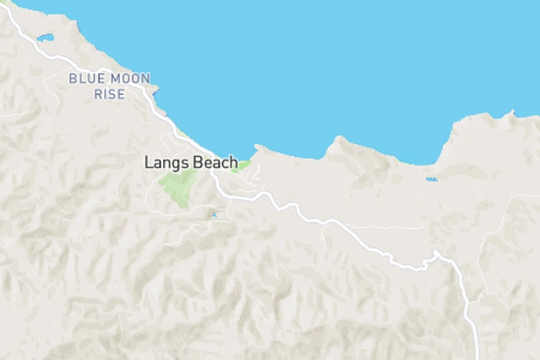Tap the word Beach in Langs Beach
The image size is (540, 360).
coord(215,161)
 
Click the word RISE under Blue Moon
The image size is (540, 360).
coord(109,94)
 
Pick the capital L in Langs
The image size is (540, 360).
coord(148,161)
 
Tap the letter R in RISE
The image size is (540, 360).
coord(96,94)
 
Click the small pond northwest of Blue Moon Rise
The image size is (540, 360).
coord(45,37)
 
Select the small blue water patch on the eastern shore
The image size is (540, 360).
coord(432,178)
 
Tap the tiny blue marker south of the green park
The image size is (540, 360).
coord(213,215)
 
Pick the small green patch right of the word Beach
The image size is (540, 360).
coord(243,165)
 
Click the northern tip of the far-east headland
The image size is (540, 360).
coord(512,112)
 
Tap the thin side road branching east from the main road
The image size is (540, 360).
coord(380,227)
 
